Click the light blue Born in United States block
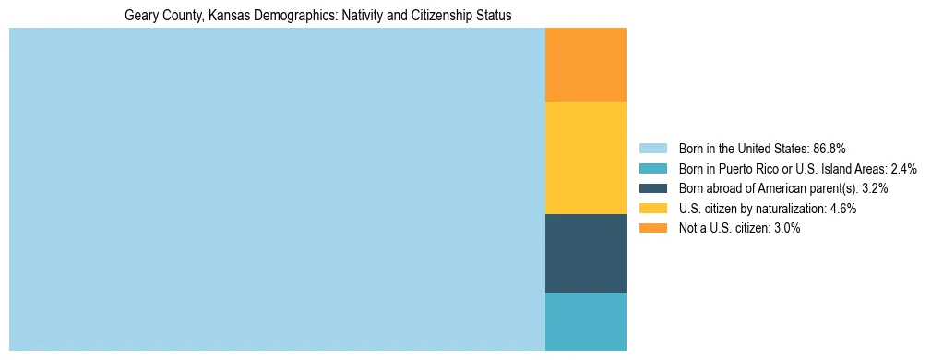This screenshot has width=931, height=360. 277,189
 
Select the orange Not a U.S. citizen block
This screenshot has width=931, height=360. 586,65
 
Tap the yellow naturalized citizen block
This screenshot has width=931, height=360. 586,158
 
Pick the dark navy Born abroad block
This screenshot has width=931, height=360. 586,253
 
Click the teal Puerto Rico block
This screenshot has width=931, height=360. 586,321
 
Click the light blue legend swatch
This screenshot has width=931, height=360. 652,148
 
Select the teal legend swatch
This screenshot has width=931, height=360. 652,168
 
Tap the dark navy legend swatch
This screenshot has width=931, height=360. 652,188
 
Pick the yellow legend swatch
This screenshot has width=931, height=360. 652,209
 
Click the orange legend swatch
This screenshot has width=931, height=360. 652,228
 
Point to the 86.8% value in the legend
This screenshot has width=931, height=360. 830,148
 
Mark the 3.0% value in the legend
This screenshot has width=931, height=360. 786,228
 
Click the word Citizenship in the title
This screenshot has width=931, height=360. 438,16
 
